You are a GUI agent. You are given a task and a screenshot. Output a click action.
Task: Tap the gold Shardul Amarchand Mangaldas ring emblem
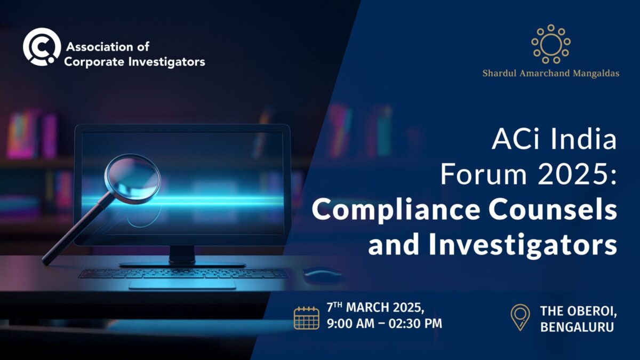tap(550, 44)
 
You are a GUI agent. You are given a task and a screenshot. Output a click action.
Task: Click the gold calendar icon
tap(307, 318)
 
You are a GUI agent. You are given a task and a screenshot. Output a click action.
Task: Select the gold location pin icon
tap(520, 317)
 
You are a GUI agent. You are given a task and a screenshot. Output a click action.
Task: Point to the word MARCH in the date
tap(368, 308)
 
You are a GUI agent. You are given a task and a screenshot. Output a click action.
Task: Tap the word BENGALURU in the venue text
tap(577, 327)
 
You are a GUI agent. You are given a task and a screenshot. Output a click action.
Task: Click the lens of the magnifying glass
tap(133, 179)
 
